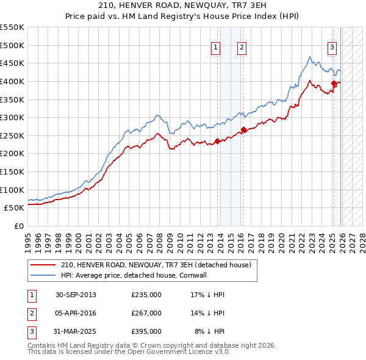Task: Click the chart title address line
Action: (182, 5)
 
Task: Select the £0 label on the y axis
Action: (20, 226)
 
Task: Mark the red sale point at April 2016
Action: (243, 129)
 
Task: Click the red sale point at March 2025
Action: (334, 84)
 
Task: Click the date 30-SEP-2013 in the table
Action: (76, 295)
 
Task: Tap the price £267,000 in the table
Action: (146, 313)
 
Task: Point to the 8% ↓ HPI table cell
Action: (210, 331)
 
